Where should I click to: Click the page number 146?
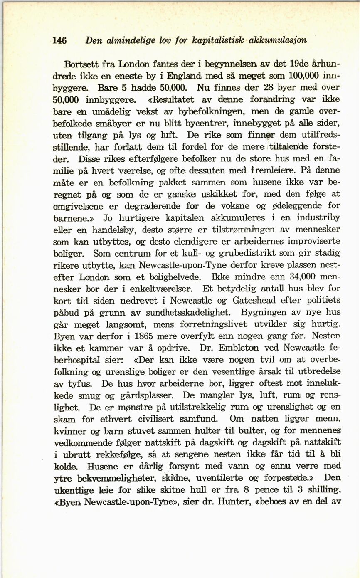(60, 41)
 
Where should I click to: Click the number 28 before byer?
(257, 88)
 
